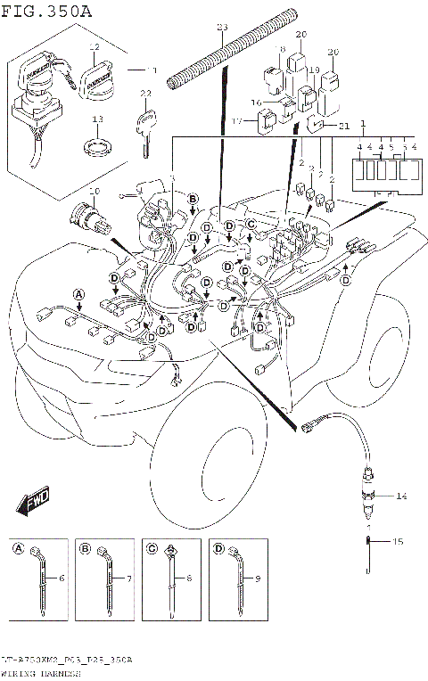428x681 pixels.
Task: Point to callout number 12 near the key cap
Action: pyautogui.click(x=94, y=46)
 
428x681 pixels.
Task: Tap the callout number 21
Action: pyautogui.click(x=343, y=127)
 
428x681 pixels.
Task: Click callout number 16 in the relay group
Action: pyautogui.click(x=257, y=103)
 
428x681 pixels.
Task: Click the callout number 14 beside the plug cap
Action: pyautogui.click(x=400, y=495)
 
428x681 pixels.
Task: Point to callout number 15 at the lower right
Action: pyautogui.click(x=399, y=541)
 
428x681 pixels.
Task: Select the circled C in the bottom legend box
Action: pyautogui.click(x=152, y=548)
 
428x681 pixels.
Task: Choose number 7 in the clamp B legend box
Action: pyautogui.click(x=128, y=579)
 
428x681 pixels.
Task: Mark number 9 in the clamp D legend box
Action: pyautogui.click(x=259, y=579)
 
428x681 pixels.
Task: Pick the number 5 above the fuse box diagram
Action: pyautogui.click(x=391, y=146)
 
